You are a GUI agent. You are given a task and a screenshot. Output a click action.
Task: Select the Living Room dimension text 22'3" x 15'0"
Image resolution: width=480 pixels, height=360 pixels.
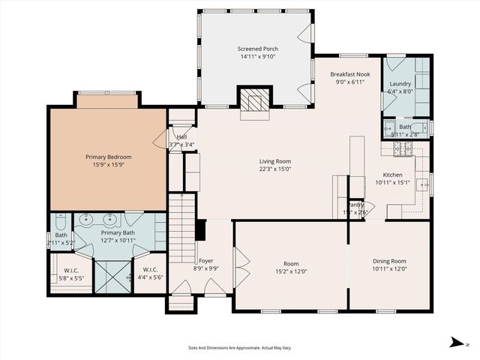coord(274,169)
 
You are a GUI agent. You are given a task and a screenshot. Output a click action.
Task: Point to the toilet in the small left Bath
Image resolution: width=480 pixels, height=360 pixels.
coord(61,222)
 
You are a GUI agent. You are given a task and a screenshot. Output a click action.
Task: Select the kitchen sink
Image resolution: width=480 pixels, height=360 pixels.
coord(423,184)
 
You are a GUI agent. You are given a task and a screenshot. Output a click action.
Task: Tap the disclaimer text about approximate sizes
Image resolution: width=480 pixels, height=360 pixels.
coord(239,348)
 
